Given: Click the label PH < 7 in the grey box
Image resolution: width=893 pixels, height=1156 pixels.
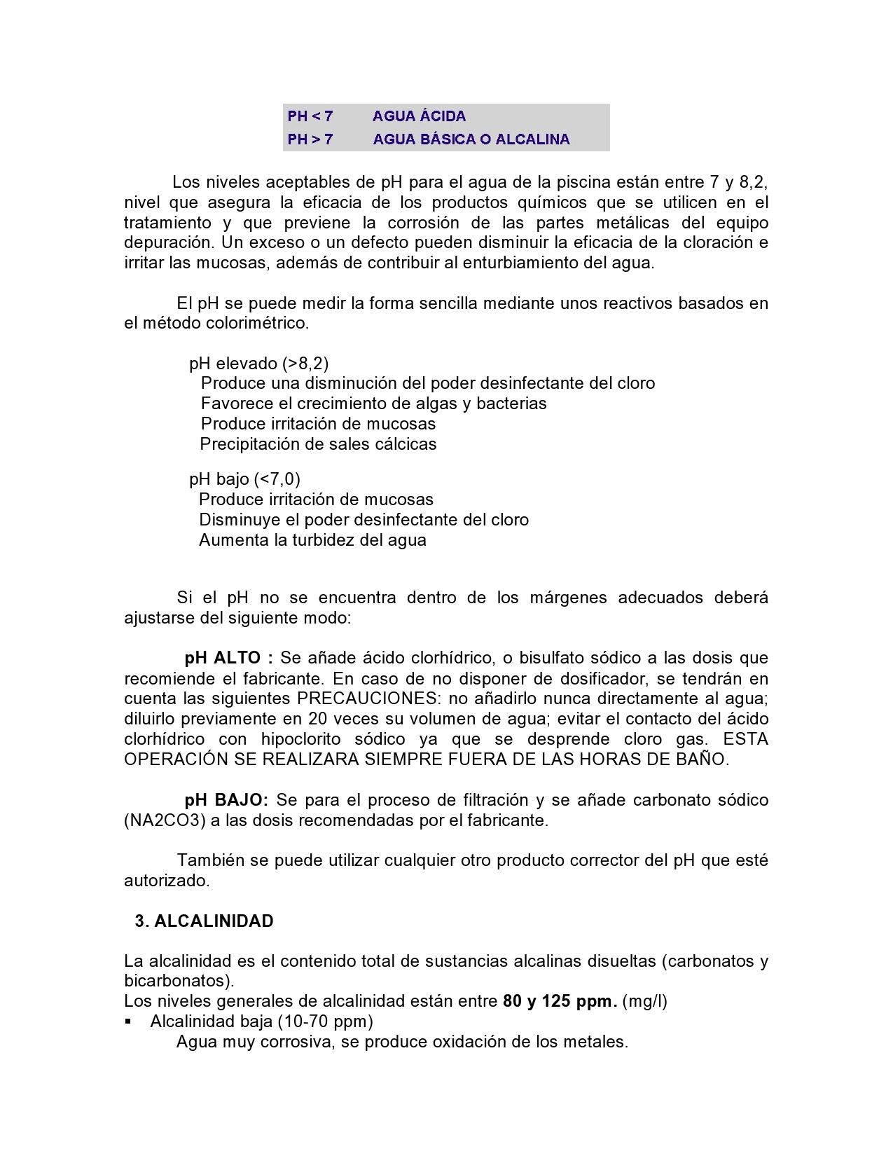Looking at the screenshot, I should coord(310,116).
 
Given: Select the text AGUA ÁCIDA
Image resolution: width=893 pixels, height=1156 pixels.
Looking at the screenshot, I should coord(419,116).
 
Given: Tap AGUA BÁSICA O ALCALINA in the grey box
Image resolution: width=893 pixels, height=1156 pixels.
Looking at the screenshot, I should coord(471,139).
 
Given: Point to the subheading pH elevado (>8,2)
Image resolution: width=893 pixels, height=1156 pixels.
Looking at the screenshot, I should coord(258,364).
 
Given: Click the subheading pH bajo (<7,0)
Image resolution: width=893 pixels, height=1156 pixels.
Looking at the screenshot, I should coord(244,479).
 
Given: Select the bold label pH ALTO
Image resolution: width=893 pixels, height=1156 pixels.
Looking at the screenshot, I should coord(223,659).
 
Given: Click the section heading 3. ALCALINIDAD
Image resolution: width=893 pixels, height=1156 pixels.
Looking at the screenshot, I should coord(204,921).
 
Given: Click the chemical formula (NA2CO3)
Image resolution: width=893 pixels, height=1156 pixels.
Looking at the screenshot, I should coord(165,820).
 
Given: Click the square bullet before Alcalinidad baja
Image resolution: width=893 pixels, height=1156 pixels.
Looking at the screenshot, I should coord(128,1021).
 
